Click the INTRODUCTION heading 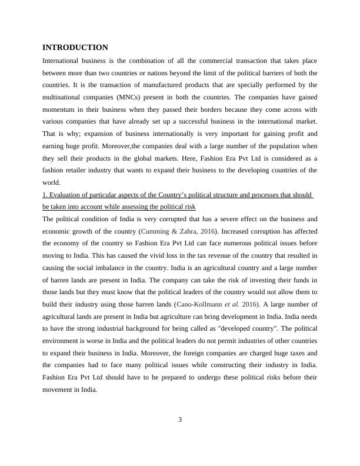[x=75, y=47]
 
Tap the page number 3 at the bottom [x=180, y=419]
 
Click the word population [x=269, y=145]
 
